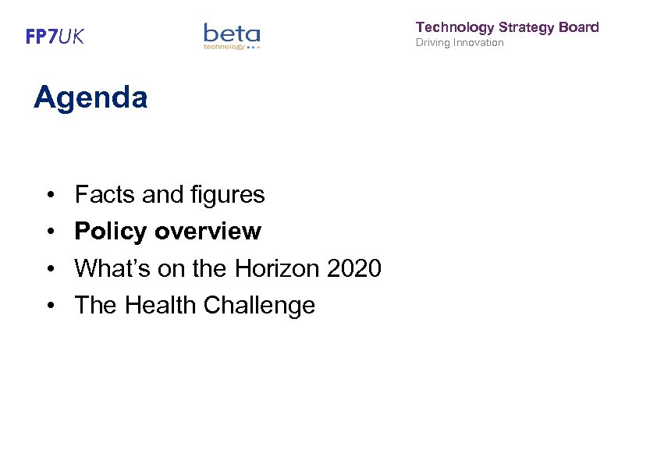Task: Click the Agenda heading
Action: coord(91,98)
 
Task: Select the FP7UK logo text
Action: coord(55,37)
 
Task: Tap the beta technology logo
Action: coord(232,36)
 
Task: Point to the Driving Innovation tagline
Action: coord(460,42)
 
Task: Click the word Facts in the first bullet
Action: coord(105,195)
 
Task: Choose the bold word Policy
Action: coord(111,232)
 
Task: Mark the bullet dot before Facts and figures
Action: coord(49,195)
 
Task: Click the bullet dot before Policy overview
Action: coord(49,232)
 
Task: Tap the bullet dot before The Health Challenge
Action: coord(49,305)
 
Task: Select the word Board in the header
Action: coord(579,27)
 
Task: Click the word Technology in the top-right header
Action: coord(455,27)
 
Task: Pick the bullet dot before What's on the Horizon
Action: coord(49,268)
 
